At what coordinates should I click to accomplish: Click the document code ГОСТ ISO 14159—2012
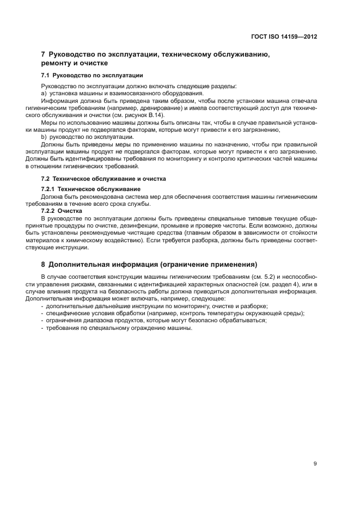pyautogui.click(x=285, y=37)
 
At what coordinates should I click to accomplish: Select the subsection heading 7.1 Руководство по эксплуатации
pyautogui.click(x=92, y=75)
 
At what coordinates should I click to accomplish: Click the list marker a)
pyautogui.click(x=45, y=94)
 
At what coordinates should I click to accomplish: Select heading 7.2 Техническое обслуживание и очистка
pyautogui.click(x=103, y=179)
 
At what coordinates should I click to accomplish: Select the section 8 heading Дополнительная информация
pyautogui.click(x=152, y=265)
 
